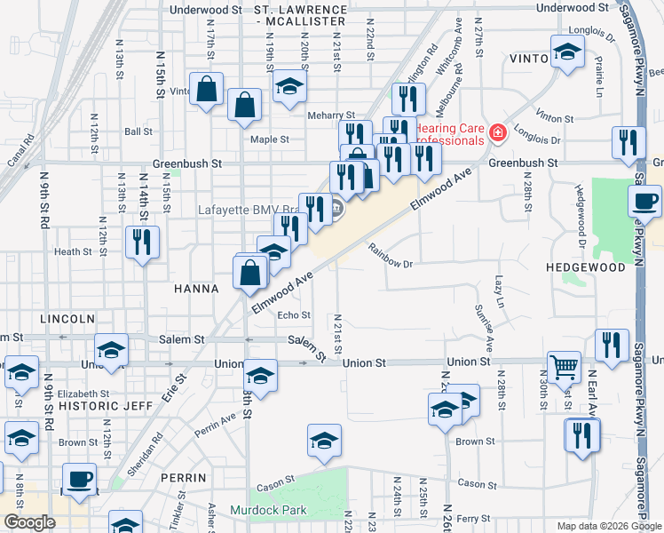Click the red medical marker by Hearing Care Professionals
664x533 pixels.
pyautogui.click(x=498, y=133)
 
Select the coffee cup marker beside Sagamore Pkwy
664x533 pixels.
pyautogui.click(x=644, y=201)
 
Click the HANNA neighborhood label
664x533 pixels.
pyautogui.click(x=196, y=289)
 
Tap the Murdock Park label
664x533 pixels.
pyautogui.click(x=268, y=510)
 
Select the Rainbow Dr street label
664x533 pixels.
pyautogui.click(x=391, y=262)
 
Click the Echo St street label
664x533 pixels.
pyautogui.click(x=294, y=315)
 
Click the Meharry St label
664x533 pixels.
pyautogui.click(x=331, y=115)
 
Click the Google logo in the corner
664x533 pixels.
pyautogui.click(x=29, y=522)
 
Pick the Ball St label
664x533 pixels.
pyautogui.click(x=138, y=131)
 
